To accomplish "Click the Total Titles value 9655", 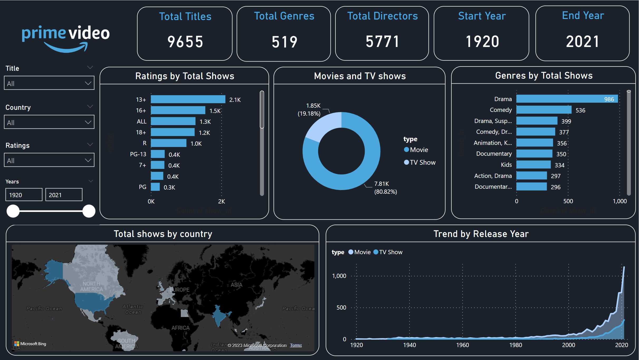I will tap(185, 42).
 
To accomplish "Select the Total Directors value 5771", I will tap(382, 41).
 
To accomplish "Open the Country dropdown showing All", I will tap(49, 122).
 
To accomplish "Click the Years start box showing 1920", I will tap(24, 195).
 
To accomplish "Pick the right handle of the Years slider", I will tap(89, 211).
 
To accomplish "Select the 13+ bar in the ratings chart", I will tap(188, 100).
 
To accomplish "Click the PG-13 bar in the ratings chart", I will tap(158, 154).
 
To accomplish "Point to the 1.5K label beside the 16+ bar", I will tap(215, 111).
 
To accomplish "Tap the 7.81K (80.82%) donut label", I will tap(385, 188).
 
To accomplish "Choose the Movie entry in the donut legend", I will tap(419, 150).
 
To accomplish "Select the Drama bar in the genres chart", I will tap(567, 99).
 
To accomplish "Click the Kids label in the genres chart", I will tap(506, 165).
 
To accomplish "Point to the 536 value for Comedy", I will tap(580, 110).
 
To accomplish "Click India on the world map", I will tap(218, 315).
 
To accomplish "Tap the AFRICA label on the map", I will tap(181, 328).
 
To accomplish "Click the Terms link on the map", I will tap(296, 345).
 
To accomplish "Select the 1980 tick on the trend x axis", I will tap(515, 345).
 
